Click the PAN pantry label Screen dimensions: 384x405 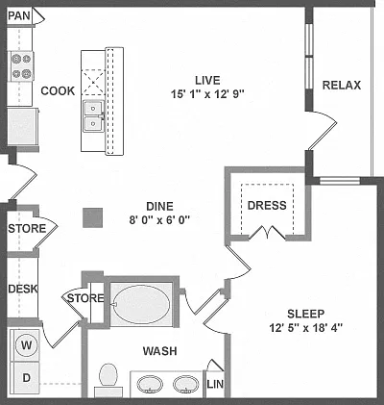[19, 15]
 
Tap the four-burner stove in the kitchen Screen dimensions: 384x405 [21, 66]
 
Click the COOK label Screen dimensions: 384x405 [58, 91]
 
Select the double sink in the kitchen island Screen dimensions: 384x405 [93, 116]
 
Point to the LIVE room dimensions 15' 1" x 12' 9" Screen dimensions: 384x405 [207, 94]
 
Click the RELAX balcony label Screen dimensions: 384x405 [342, 86]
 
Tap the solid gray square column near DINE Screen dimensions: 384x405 [93, 217]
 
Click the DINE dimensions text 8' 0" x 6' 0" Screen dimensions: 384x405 [159, 220]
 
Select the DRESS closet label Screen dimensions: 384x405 [267, 205]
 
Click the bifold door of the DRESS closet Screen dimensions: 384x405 [267, 233]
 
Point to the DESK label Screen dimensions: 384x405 [23, 289]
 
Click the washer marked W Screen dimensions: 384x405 [27, 345]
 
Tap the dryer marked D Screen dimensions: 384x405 [25, 378]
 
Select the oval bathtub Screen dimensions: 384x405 [142, 304]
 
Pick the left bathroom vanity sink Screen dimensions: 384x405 [150, 384]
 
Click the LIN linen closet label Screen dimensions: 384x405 [215, 384]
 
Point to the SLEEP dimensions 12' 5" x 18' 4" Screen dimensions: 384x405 [306, 328]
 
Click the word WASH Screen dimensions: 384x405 [159, 351]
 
